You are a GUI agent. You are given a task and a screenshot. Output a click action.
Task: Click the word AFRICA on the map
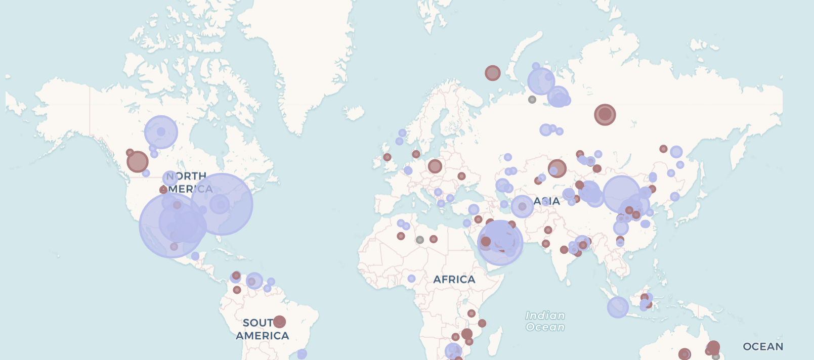point(454,280)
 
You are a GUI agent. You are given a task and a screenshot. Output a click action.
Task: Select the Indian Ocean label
point(545,321)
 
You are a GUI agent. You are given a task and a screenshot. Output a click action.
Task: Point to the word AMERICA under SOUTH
point(262,336)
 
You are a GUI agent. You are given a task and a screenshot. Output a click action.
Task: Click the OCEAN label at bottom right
point(763,347)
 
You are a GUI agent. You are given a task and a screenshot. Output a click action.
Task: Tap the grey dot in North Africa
point(419,240)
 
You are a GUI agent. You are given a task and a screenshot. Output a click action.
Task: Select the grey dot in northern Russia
point(532,100)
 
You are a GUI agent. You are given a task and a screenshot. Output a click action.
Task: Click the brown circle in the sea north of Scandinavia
point(492,73)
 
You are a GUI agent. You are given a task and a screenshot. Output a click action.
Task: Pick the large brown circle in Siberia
point(605,115)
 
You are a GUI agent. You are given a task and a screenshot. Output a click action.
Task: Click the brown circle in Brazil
point(279,322)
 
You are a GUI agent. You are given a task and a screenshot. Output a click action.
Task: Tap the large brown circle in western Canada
point(137,162)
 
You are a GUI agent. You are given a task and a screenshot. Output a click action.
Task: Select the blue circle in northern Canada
point(161,132)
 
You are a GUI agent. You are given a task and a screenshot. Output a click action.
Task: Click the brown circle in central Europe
point(435,166)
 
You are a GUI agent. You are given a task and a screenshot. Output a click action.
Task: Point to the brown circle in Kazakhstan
point(556,168)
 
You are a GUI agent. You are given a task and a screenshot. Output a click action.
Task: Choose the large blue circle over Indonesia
point(617,307)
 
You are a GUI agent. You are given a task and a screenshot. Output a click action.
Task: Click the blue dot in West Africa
point(411,279)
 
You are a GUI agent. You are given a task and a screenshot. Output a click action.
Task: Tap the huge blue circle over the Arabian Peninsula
point(500,243)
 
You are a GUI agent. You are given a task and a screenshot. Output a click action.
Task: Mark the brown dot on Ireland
point(387,157)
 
